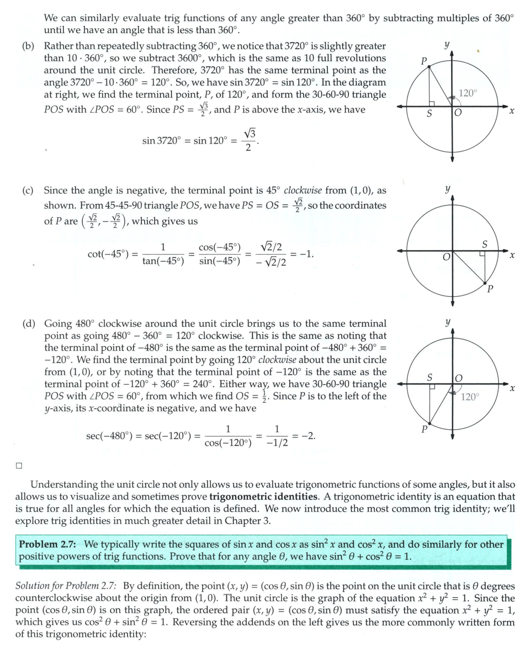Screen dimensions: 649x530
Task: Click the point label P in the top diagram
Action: pos(423,61)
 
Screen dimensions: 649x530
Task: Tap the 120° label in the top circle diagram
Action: pos(467,93)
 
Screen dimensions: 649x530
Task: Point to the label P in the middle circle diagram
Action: pos(490,289)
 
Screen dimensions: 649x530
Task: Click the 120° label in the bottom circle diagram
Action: pos(470,396)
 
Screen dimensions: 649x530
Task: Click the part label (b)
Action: pos(28,46)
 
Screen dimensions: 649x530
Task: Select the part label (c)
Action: pos(28,191)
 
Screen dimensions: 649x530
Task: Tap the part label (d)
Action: pos(28,323)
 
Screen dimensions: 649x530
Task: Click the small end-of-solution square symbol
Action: pos(19,465)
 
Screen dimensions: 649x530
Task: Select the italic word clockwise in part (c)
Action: pos(303,191)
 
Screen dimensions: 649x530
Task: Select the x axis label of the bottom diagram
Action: pos(512,389)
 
